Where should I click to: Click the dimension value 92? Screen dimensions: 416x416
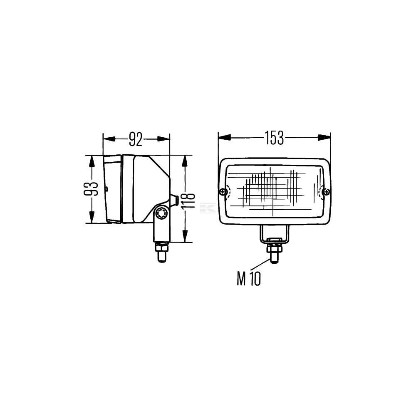(136, 139)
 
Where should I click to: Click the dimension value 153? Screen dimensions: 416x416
(274, 138)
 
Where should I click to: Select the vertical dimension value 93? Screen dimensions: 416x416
(91, 189)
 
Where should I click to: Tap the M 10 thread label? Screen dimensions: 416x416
(249, 279)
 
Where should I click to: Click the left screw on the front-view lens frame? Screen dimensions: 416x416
(223, 191)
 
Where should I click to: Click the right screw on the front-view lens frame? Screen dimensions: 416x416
(327, 191)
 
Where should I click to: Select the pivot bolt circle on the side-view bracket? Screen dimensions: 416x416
(161, 213)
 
